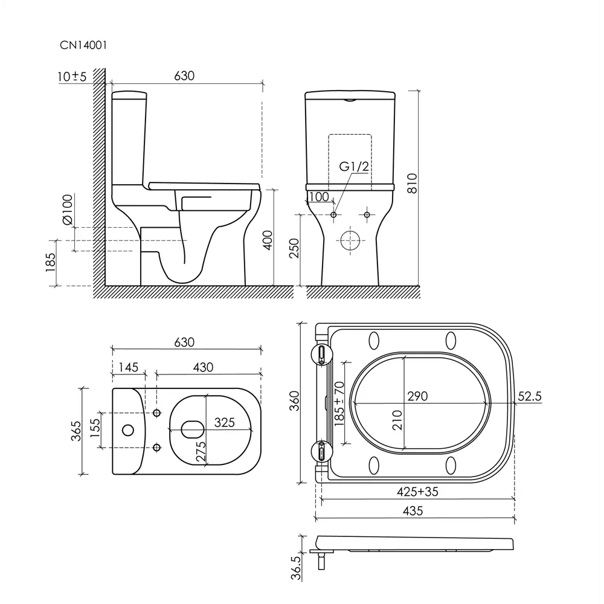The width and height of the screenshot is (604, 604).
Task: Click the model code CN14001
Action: [x=83, y=45]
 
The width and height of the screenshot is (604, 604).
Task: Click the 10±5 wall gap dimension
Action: [x=72, y=76]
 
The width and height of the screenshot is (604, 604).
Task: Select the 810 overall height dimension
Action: [x=412, y=184]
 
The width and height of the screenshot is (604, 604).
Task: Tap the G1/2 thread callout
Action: [x=353, y=167]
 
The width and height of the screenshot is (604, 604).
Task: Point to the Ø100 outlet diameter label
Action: [x=67, y=210]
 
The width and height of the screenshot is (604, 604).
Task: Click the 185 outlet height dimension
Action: [x=51, y=262]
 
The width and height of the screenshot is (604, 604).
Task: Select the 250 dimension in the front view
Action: [x=294, y=248]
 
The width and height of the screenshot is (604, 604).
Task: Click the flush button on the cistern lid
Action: [x=350, y=100]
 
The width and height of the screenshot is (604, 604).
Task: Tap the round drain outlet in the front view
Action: [x=350, y=241]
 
